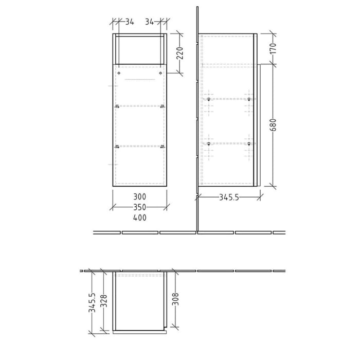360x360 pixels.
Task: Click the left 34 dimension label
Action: click(x=129, y=22)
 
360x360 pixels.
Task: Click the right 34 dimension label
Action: click(x=150, y=22)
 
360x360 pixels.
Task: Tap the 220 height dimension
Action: click(x=179, y=51)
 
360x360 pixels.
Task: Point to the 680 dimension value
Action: click(x=273, y=124)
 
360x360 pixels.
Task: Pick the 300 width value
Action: click(x=139, y=197)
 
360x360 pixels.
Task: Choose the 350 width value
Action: click(x=139, y=207)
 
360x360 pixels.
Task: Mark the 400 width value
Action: click(x=139, y=218)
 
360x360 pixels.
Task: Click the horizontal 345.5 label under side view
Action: click(x=228, y=197)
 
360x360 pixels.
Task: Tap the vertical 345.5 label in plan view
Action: click(x=92, y=303)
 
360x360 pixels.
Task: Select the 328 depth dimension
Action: click(x=104, y=303)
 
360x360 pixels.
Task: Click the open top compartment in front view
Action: click(x=139, y=50)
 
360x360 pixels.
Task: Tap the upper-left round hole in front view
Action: click(x=119, y=74)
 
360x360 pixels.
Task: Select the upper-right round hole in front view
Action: click(x=160, y=74)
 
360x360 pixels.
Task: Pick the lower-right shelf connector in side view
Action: click(x=249, y=144)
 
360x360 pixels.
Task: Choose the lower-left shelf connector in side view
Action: click(x=208, y=144)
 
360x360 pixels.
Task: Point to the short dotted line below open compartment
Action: click(x=139, y=80)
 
